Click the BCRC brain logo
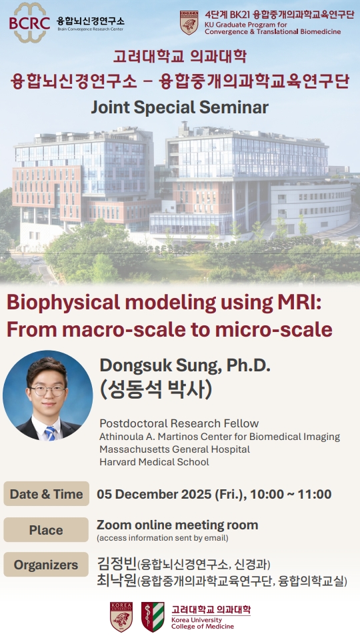(x=29, y=23)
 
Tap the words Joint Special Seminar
(x=179, y=107)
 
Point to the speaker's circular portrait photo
(x=48, y=395)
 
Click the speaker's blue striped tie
(x=50, y=433)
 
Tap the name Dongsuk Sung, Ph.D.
(x=185, y=366)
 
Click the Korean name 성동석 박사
(x=156, y=389)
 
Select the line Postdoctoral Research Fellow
(x=179, y=423)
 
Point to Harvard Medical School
(x=154, y=462)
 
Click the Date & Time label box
(x=46, y=494)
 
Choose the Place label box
(x=46, y=530)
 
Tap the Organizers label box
(x=46, y=565)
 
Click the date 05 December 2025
(x=155, y=494)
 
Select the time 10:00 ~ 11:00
(x=291, y=494)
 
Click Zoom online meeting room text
(x=177, y=525)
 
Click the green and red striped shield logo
(x=153, y=617)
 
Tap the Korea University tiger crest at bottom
(x=121, y=617)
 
